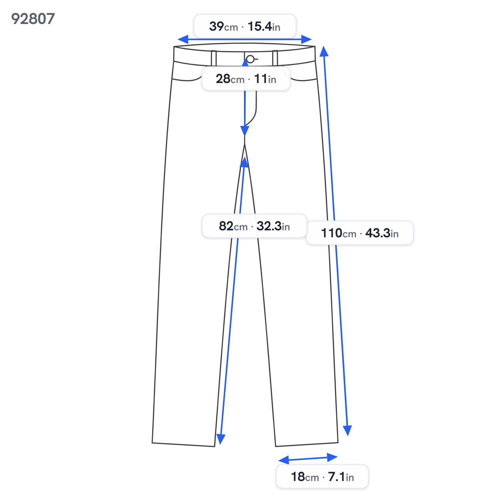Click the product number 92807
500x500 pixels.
pyautogui.click(x=33, y=19)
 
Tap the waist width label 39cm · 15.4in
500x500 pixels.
pyautogui.click(x=245, y=26)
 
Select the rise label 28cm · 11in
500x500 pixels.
pyautogui.click(x=246, y=79)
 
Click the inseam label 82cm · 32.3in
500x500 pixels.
pyautogui.click(x=254, y=226)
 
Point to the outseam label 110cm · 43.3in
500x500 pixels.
pyautogui.click(x=360, y=233)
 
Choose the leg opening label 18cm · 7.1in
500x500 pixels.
pyautogui.click(x=322, y=477)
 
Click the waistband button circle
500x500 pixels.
pyautogui.click(x=250, y=59)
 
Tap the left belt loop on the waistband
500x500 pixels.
pyautogui.click(x=214, y=58)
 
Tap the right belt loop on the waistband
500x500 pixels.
pyautogui.click(x=275, y=58)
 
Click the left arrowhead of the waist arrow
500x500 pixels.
pyautogui.click(x=183, y=39)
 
